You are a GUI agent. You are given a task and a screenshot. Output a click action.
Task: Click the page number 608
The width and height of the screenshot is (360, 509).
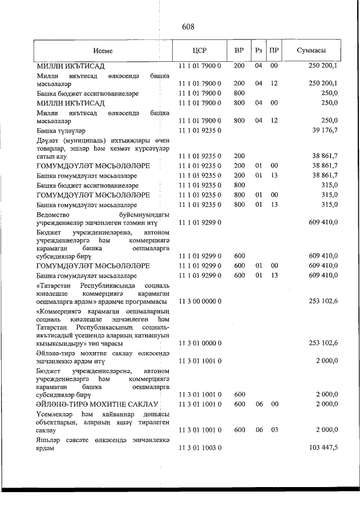188,26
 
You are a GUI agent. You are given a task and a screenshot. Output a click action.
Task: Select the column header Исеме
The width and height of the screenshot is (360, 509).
103,51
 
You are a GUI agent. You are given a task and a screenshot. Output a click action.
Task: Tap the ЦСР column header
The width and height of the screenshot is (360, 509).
200,51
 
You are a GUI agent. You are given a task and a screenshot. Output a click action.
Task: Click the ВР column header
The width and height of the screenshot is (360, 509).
238,51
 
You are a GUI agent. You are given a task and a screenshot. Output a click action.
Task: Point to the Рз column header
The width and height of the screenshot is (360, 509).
259,51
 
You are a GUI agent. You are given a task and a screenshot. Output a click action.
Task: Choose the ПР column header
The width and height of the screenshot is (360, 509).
274,51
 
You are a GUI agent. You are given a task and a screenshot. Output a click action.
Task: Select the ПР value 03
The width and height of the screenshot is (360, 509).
274,430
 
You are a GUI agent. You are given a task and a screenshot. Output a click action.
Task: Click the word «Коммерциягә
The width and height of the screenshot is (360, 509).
60,311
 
